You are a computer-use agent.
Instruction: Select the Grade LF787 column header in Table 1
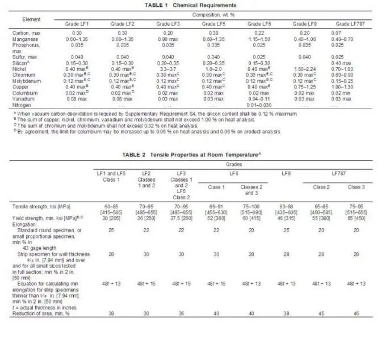(x=350, y=24)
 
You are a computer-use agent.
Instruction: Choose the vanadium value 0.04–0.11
(x=259, y=99)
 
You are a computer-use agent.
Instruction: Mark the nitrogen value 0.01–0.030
(x=259, y=105)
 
